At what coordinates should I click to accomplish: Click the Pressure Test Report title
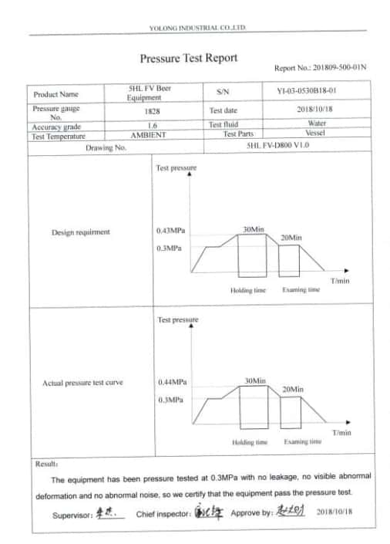[x=189, y=58]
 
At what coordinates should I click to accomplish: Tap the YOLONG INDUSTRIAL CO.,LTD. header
[x=197, y=28]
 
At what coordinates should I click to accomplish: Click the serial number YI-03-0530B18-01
[x=306, y=91]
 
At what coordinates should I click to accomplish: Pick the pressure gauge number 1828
[x=153, y=111]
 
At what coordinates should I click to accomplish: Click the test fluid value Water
[x=317, y=123]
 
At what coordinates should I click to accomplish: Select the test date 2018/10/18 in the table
[x=317, y=110]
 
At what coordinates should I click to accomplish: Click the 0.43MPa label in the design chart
[x=172, y=231]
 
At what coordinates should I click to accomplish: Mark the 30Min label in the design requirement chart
[x=254, y=230]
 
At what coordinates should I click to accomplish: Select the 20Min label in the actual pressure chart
[x=292, y=390]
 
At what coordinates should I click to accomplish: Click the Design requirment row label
[x=81, y=232]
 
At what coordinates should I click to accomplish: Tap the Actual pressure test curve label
[x=82, y=383]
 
